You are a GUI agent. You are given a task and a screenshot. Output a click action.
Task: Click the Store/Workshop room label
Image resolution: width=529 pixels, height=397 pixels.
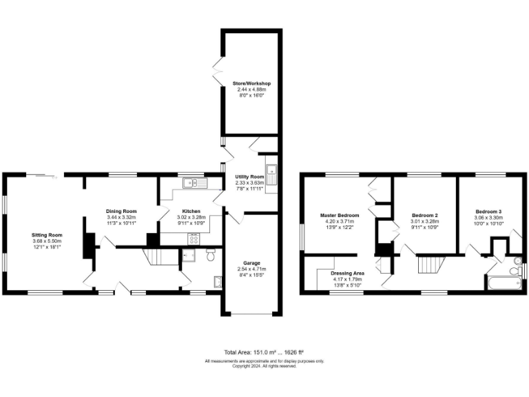[251, 83]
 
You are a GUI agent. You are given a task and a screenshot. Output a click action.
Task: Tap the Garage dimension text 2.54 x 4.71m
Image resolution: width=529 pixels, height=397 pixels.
[250, 270]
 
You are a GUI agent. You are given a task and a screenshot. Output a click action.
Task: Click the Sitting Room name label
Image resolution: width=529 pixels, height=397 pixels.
[47, 235]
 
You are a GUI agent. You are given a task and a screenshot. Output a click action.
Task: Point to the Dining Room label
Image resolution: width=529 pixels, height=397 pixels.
[121, 211]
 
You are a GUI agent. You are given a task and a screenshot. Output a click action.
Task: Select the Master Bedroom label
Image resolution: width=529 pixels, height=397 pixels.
[339, 215]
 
